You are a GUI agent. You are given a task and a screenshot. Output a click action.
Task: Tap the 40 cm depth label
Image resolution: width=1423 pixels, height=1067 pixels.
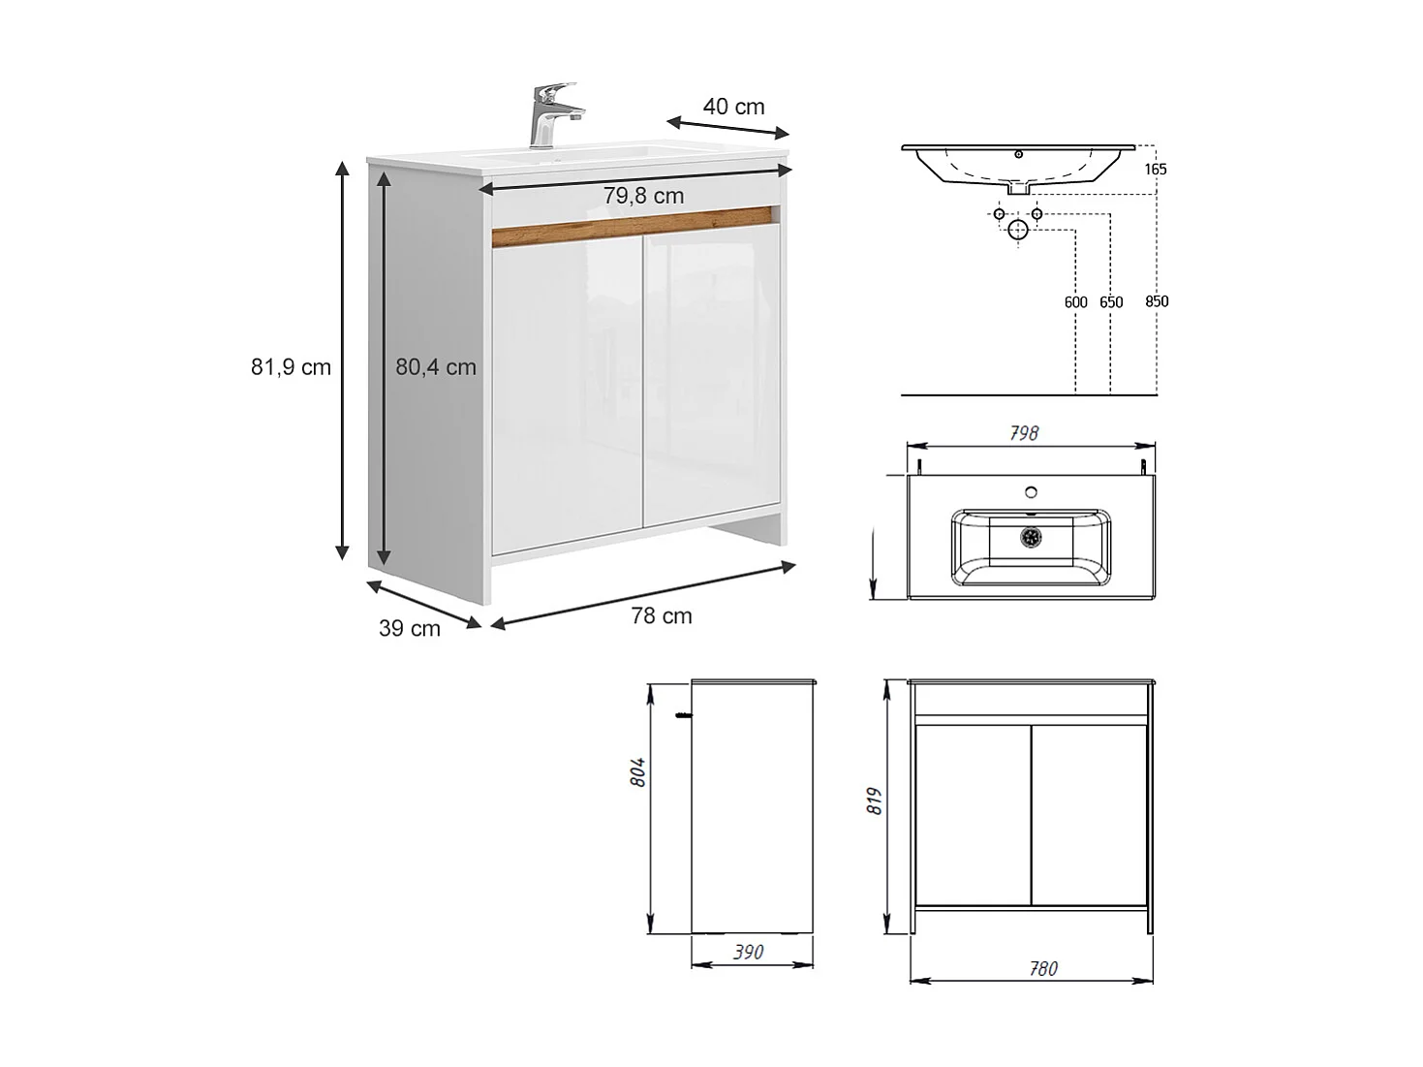point(733,107)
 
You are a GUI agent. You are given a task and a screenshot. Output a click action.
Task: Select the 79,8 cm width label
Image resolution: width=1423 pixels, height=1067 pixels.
point(643,196)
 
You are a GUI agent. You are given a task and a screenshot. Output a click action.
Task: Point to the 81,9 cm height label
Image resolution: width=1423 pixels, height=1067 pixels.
point(291,367)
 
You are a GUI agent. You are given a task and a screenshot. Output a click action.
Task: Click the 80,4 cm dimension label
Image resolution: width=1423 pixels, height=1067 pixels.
point(436,367)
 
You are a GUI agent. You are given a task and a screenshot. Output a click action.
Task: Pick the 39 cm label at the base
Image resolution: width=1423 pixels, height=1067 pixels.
point(409,629)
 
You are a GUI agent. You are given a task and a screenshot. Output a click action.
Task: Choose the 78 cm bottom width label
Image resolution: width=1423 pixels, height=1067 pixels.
point(662,616)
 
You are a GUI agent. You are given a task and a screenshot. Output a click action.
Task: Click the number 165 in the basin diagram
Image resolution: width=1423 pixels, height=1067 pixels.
point(1155,170)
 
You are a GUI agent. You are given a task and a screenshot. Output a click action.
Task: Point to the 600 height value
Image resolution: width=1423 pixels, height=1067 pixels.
point(1075,302)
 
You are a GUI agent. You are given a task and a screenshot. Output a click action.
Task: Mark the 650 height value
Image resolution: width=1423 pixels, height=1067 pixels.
point(1111,302)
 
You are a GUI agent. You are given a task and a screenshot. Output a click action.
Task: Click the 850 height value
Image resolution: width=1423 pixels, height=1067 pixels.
point(1157,301)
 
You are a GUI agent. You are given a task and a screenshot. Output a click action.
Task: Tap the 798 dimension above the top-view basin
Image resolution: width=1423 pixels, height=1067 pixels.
point(1024,433)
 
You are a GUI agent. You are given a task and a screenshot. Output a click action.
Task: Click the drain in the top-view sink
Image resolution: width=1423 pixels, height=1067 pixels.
point(1032,536)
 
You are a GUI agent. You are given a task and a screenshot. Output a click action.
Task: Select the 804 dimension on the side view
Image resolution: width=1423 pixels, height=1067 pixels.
point(636,771)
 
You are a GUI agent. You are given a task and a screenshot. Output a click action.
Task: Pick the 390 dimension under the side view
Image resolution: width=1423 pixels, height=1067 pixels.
point(748,953)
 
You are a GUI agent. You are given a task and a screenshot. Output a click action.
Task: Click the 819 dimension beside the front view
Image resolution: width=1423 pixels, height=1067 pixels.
point(874,800)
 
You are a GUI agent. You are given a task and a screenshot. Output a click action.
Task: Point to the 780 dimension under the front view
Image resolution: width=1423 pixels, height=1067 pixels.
point(1042,968)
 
